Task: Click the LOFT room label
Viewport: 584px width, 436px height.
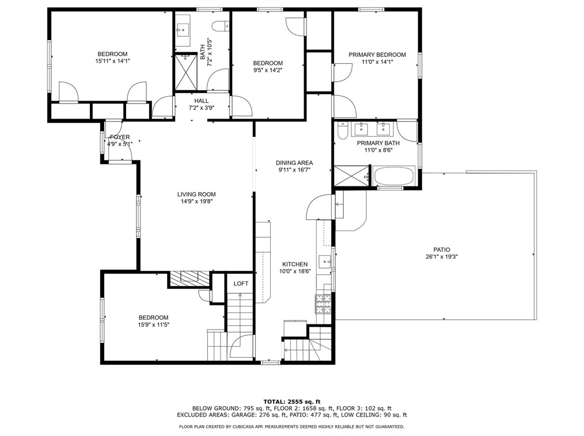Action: [x=241, y=284]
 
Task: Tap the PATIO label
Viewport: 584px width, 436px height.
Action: [x=442, y=250]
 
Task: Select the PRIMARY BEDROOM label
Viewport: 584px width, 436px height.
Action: [x=377, y=55]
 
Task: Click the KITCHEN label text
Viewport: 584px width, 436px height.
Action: [x=295, y=264]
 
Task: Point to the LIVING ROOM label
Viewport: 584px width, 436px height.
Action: [x=196, y=194]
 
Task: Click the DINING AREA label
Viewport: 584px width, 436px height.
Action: [x=294, y=163]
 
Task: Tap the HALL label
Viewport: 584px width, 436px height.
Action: [x=202, y=101]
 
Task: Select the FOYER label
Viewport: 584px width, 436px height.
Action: [x=120, y=137]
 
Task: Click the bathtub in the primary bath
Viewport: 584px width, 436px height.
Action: [x=394, y=175]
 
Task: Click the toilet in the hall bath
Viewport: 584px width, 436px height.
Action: [x=221, y=26]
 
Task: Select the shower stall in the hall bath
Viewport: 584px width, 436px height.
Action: [x=185, y=72]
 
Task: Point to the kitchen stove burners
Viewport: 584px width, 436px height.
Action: [x=323, y=304]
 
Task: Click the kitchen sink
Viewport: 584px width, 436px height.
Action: [x=325, y=262]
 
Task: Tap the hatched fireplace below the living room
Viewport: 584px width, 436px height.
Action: [x=190, y=278]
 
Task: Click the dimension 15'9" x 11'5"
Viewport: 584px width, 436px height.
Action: [x=153, y=324]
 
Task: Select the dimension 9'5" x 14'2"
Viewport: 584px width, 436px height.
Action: [x=268, y=70]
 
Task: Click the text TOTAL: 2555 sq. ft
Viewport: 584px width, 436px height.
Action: [x=292, y=401]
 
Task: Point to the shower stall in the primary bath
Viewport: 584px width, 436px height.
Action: [x=351, y=175]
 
